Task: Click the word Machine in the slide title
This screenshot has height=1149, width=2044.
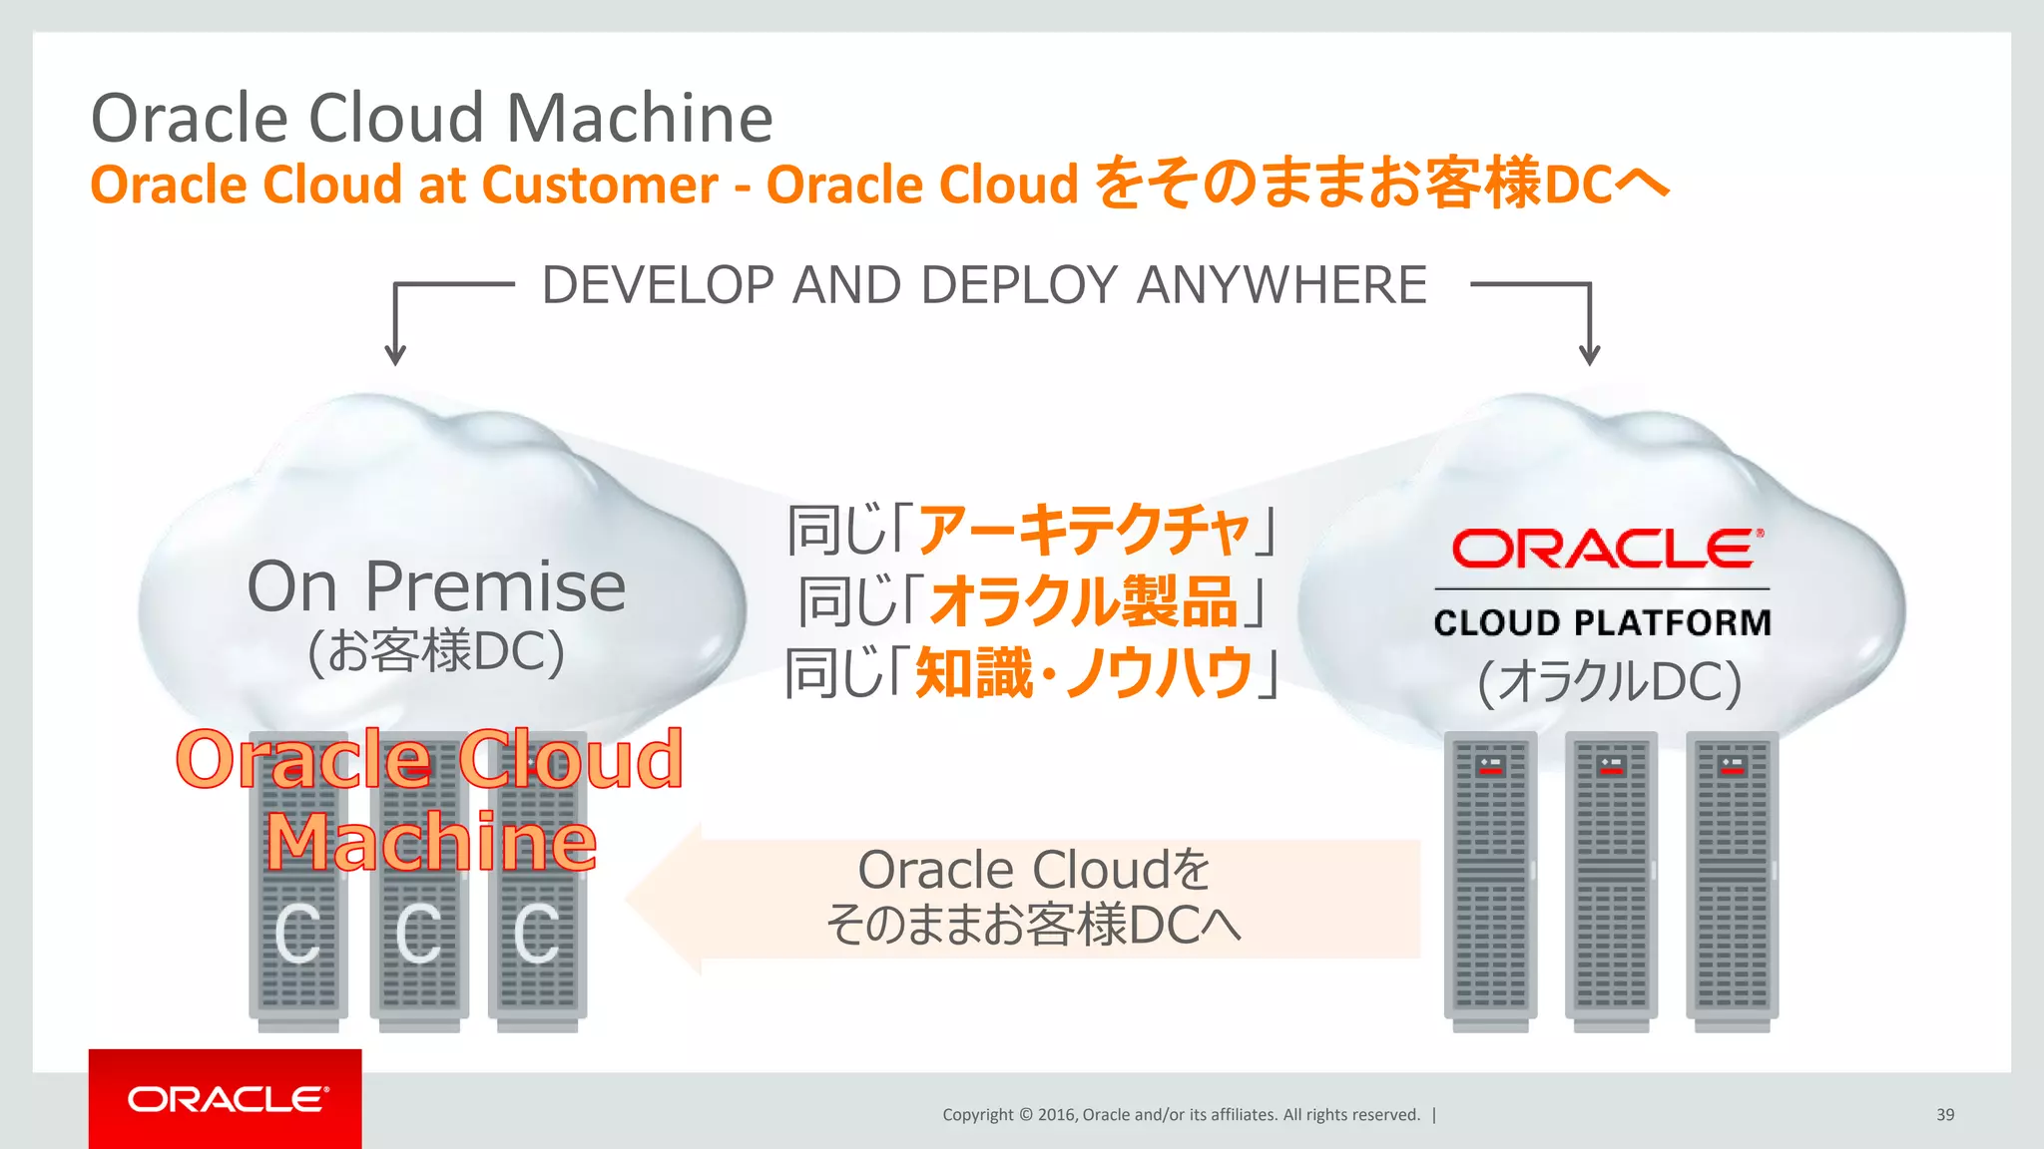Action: (639, 118)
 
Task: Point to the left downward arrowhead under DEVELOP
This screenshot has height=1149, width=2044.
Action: (395, 355)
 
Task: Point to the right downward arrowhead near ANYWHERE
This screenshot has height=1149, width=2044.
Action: (1590, 355)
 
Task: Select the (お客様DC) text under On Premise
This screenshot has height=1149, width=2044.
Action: (436, 651)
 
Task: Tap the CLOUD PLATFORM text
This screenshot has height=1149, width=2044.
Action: (1602, 622)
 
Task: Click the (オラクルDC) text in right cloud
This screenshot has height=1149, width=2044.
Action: (1609, 682)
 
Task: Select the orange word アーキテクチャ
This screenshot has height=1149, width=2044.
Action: (1084, 530)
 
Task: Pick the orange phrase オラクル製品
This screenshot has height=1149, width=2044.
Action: (1084, 601)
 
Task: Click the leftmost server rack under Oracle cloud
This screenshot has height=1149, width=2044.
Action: (1490, 878)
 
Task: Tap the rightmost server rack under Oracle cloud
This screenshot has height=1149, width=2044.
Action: (1732, 878)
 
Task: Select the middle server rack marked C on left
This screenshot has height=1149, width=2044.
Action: (418, 938)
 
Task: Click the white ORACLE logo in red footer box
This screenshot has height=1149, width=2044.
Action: (227, 1099)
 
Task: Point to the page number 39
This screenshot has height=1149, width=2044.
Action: (1944, 1115)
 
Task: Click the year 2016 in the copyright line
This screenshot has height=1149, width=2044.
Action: (1056, 1115)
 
